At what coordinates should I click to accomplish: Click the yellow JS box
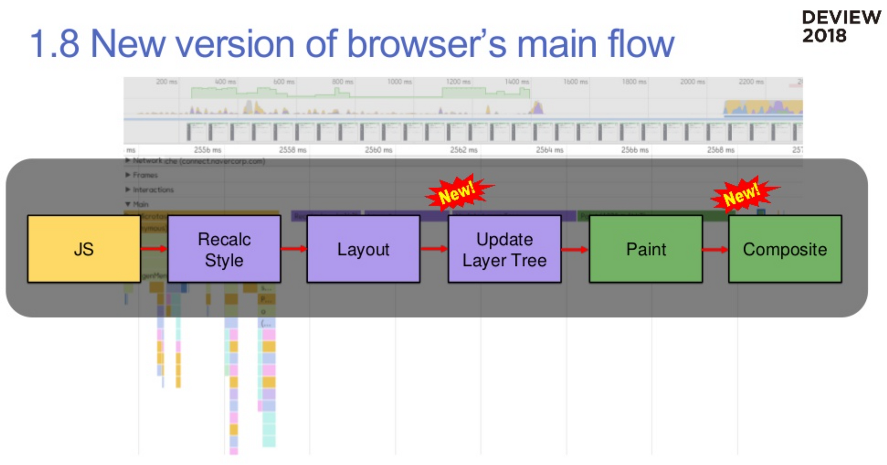84,249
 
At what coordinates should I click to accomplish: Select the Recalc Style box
224,249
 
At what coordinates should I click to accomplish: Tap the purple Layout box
363,249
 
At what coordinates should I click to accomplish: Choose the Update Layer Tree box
504,249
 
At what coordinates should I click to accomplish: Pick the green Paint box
646,249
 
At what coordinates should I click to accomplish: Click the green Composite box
785,249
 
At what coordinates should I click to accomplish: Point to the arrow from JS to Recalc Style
154,249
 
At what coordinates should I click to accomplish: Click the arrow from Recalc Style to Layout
294,249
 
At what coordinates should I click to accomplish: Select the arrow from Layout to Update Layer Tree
434,249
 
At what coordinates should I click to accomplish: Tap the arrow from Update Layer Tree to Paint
575,250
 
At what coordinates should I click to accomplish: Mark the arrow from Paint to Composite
715,250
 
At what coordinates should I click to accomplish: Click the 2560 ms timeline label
378,150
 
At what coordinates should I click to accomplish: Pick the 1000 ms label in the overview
399,82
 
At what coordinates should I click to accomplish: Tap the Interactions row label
153,189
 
